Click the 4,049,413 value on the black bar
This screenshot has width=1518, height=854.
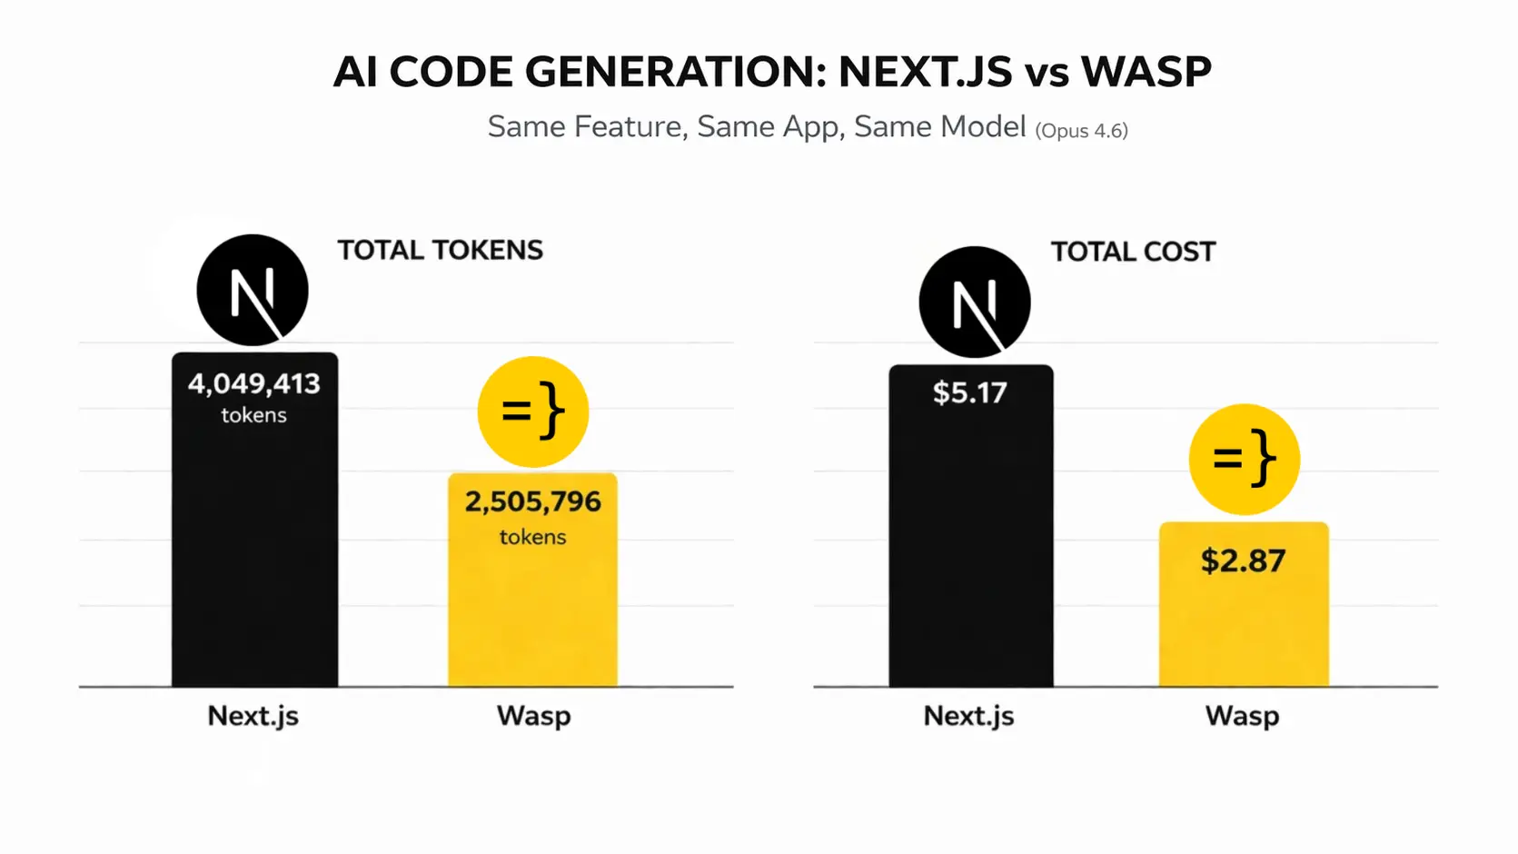(x=254, y=383)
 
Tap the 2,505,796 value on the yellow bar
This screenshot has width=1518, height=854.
(x=533, y=501)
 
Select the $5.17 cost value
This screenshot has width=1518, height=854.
(x=970, y=392)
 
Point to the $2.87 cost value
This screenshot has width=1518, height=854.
(x=1243, y=561)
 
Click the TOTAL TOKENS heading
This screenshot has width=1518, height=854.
(x=441, y=250)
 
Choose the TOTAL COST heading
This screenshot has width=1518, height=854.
(x=1133, y=252)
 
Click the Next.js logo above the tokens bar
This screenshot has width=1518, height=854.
(x=253, y=291)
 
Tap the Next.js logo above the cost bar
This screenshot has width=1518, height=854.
(x=975, y=303)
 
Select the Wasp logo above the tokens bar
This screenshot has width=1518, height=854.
(x=533, y=412)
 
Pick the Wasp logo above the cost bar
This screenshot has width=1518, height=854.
(x=1245, y=459)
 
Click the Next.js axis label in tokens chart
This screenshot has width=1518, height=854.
(x=253, y=716)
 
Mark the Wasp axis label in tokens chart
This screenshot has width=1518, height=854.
(x=534, y=716)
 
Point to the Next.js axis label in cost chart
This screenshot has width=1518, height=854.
(x=968, y=716)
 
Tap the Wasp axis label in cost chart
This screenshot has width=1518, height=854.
(x=1242, y=716)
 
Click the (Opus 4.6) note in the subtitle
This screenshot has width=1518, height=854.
(x=1081, y=130)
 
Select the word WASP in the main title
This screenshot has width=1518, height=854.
(x=1146, y=72)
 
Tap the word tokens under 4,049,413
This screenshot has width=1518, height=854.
(x=254, y=415)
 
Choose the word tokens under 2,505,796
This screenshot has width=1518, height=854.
(x=533, y=537)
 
